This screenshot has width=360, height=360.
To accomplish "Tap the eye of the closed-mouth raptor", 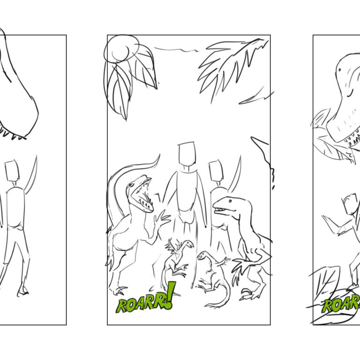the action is [x=230, y=202].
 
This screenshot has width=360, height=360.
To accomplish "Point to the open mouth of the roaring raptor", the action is [x=142, y=195].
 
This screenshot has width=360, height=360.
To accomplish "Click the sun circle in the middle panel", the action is [x=121, y=49].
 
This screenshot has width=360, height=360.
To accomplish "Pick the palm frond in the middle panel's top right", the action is [x=230, y=67].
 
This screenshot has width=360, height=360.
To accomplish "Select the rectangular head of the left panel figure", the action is [x=12, y=171].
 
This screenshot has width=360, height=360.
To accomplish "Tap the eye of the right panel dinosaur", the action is [x=340, y=69].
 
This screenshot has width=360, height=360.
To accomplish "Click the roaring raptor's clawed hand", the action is [x=161, y=219].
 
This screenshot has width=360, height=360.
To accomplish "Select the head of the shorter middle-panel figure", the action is [x=216, y=171].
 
